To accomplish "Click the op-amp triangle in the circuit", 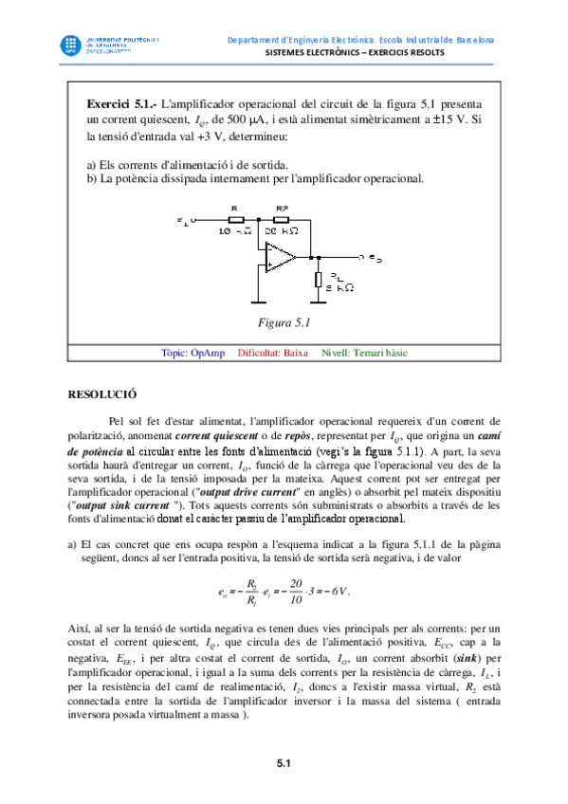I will point(281,255).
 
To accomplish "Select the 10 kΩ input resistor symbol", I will point(236,220).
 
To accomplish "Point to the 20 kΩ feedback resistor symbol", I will point(283,220).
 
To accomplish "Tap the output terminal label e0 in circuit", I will point(376,257).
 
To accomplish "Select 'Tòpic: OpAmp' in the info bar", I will point(193,353).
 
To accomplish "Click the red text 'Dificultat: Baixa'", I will point(273,353).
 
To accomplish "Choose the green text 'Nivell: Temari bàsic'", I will point(364,353).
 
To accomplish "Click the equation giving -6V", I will point(284,593).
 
